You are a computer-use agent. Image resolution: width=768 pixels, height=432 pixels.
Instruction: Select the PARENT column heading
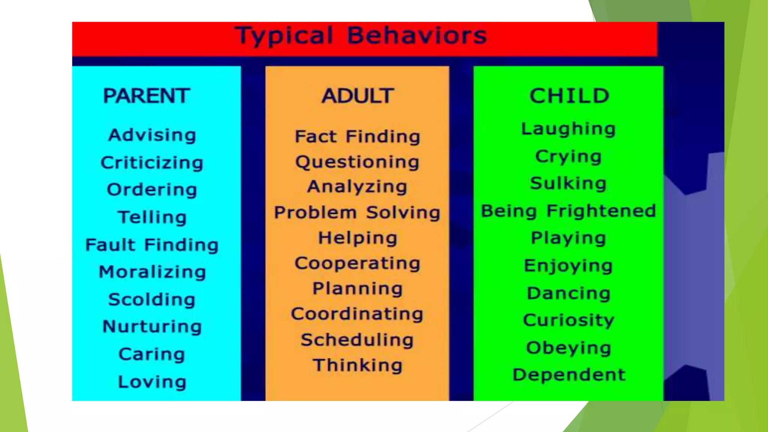pos(146,96)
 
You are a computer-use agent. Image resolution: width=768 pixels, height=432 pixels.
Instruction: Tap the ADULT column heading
pos(357,96)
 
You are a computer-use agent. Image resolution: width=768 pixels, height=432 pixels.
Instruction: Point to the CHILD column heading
pos(569,96)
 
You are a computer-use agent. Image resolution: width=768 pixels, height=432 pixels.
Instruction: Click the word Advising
pos(152,135)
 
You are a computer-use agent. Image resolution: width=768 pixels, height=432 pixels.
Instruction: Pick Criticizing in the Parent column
pos(152,163)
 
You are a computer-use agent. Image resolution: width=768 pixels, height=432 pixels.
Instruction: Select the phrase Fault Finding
pos(152,245)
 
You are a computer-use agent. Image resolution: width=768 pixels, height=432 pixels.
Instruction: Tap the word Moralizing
pos(152,272)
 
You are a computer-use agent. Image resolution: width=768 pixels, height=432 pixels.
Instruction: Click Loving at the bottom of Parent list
pos(152,382)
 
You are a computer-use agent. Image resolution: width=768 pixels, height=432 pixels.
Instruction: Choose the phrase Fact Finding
pos(357,136)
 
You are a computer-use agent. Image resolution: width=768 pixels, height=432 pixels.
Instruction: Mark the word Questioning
pos(357,162)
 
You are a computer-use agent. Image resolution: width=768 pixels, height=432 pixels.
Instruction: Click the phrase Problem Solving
pos(357,213)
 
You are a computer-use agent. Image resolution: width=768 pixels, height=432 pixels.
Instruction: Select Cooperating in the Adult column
pos(357,263)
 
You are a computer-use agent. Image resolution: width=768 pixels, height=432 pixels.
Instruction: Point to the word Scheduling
pos(357,340)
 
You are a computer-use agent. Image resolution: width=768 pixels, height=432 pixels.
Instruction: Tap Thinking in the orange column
pos(357,365)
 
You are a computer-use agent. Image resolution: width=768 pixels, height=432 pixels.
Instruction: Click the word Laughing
pos(568,129)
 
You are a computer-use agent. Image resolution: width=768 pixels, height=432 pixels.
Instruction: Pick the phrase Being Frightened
pos(568,211)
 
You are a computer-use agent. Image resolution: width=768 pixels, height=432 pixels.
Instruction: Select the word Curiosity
pos(568,321)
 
